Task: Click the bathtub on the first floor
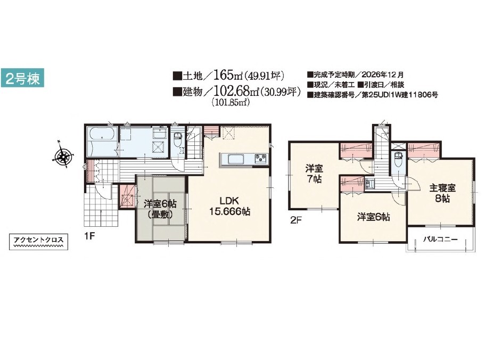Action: (102, 137)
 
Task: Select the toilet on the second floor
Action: (398, 159)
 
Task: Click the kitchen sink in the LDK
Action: (236, 160)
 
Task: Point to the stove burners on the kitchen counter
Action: (261, 159)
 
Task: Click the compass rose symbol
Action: (63, 157)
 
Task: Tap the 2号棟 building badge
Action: (22, 77)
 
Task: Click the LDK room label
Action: (229, 201)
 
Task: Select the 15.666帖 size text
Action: (229, 212)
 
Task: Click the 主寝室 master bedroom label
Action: (442, 188)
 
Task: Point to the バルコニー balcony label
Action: (440, 239)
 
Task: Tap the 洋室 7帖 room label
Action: (314, 174)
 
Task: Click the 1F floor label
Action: (89, 237)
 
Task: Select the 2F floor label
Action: (295, 220)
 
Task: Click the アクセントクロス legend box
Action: (39, 242)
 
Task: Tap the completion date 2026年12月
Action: (382, 75)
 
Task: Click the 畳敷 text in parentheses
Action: (160, 215)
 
